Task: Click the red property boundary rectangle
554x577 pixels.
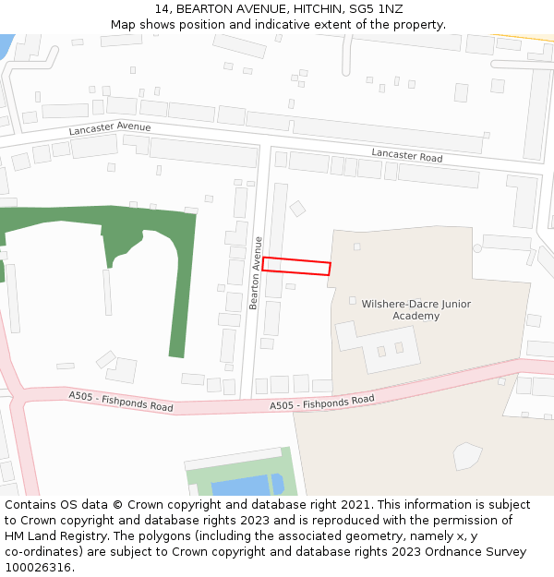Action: (296, 266)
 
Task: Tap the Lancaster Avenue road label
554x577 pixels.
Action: (109, 128)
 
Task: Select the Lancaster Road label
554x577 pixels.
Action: (406, 155)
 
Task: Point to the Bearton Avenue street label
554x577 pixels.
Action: (255, 273)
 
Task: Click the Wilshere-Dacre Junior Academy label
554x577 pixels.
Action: (415, 310)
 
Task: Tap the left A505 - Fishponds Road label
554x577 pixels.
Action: (121, 402)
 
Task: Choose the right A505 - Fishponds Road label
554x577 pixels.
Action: (321, 403)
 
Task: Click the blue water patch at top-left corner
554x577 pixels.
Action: (6, 44)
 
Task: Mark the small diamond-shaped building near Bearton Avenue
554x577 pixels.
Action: (297, 209)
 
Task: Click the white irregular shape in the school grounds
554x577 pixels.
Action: (467, 455)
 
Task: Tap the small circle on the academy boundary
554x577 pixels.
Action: (477, 248)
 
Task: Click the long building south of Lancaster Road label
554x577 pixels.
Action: (439, 175)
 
